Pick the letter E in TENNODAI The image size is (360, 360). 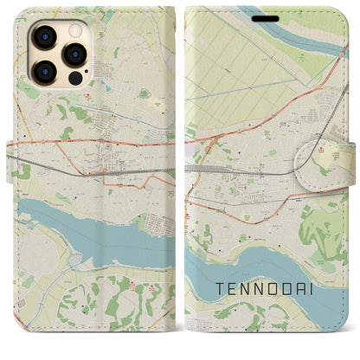(228, 284)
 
